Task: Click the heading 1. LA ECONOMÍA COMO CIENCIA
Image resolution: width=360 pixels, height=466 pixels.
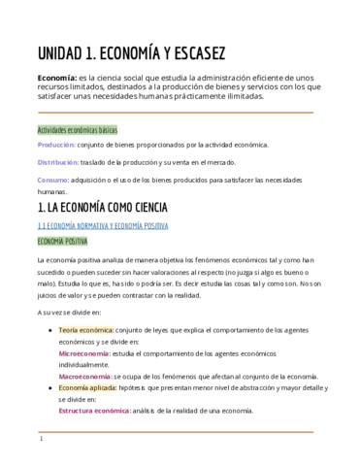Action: click(x=102, y=208)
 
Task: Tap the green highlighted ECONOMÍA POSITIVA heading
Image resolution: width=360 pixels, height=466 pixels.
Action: click(x=62, y=241)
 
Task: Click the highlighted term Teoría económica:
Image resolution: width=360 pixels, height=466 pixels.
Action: click(x=86, y=330)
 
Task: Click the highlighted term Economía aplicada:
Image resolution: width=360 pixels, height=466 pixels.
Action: click(x=88, y=387)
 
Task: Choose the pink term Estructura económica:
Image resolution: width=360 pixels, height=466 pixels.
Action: click(x=95, y=411)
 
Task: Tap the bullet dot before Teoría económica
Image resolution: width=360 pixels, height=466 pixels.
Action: click(x=49, y=330)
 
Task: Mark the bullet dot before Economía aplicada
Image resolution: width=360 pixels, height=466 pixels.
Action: click(x=49, y=387)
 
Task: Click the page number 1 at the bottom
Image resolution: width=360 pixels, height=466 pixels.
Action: click(x=41, y=439)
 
